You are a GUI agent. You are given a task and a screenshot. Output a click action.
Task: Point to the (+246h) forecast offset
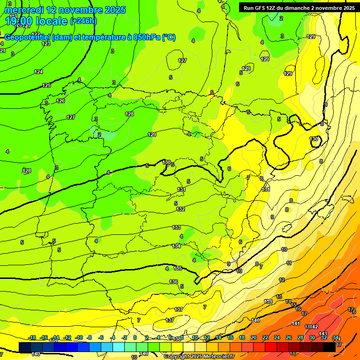tap(83, 21)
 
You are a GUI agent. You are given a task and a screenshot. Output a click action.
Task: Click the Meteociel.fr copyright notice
tap(199, 356)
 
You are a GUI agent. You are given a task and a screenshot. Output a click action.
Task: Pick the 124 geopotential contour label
tap(38, 72)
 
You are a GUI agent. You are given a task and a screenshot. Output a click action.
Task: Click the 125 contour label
tap(46, 85)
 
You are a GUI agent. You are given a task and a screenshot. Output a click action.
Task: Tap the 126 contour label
tap(60, 101)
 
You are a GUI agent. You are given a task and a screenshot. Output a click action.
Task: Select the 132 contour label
tap(180, 209)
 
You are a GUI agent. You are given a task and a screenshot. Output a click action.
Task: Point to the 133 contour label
tap(176, 227)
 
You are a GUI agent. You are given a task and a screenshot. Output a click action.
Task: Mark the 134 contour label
tap(176, 246)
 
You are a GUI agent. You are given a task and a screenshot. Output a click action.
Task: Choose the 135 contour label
tap(178, 268)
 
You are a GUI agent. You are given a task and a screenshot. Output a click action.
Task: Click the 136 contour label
tap(173, 282)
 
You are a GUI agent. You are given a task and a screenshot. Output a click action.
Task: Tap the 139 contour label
tap(268, 301)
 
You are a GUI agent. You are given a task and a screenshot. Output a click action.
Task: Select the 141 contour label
tap(296, 324)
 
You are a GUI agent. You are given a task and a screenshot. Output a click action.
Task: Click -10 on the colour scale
tap(79, 337)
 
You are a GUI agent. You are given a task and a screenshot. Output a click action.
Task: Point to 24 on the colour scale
tap(277, 337)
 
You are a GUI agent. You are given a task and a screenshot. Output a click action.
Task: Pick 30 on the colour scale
tap(312, 337)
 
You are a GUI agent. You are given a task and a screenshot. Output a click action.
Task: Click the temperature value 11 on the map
tap(289, 263)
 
